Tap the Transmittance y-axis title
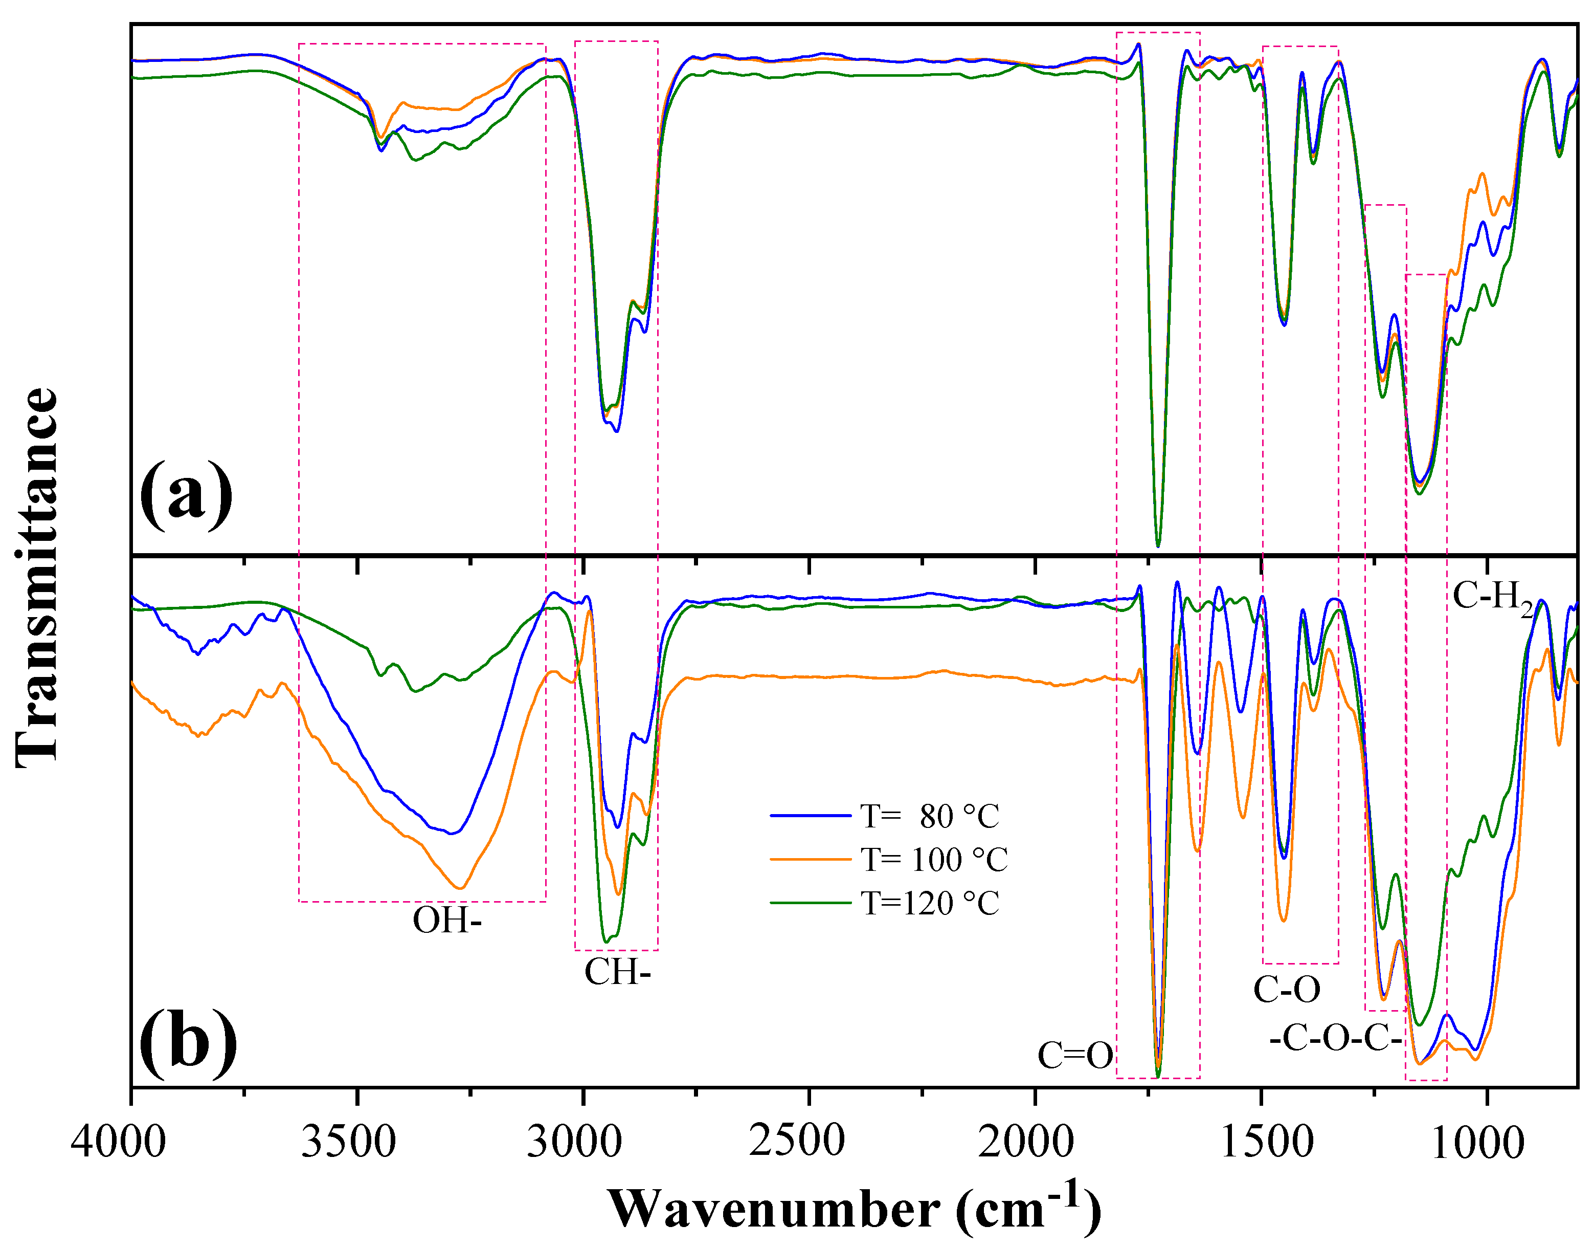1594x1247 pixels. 36,577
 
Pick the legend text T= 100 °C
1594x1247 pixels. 934,859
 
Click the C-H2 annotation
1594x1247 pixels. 1493,597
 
